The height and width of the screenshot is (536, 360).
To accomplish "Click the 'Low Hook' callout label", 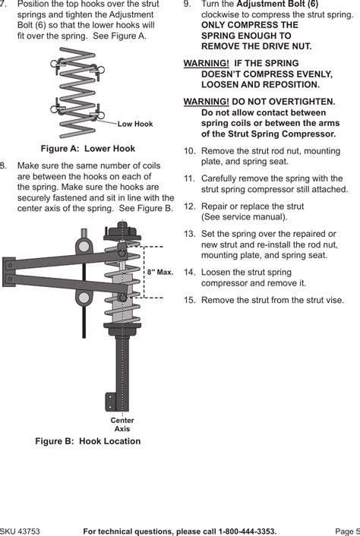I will point(135,124).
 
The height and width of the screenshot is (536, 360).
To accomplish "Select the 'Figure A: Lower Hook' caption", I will point(87,149).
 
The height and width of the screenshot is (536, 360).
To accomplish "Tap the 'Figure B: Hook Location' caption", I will point(88,441).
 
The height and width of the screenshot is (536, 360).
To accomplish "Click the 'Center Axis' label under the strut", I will point(122,424).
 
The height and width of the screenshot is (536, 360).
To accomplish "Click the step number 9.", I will point(188,5).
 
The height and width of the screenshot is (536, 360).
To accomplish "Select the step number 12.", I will point(190,207).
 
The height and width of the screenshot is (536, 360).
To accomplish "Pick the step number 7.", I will point(5,5).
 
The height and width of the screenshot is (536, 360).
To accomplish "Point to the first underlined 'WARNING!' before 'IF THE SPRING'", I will point(207,64).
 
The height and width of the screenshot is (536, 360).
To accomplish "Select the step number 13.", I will point(190,234).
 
